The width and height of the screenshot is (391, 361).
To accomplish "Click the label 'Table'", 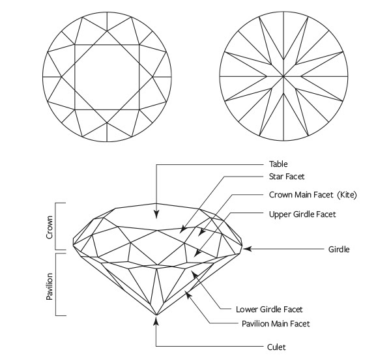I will click(278, 164).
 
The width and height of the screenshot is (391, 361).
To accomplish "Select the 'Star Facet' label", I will click(286, 177).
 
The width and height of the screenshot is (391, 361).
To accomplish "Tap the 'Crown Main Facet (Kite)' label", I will click(313, 195).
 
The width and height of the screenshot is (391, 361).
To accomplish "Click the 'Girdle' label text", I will click(339, 249).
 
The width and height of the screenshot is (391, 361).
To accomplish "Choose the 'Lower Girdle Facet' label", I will click(268, 309).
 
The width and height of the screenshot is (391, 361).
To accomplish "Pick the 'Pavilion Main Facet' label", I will click(274, 323).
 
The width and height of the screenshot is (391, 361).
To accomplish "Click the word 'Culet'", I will click(277, 347).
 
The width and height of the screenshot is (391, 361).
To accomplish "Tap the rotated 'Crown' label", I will click(49, 225).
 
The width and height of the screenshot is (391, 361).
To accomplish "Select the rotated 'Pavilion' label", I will click(49, 285).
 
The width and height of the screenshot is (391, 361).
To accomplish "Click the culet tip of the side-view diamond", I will click(156, 315).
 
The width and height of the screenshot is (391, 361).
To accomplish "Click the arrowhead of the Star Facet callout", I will click(182, 230).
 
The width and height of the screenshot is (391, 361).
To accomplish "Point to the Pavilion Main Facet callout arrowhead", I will click(187, 294).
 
